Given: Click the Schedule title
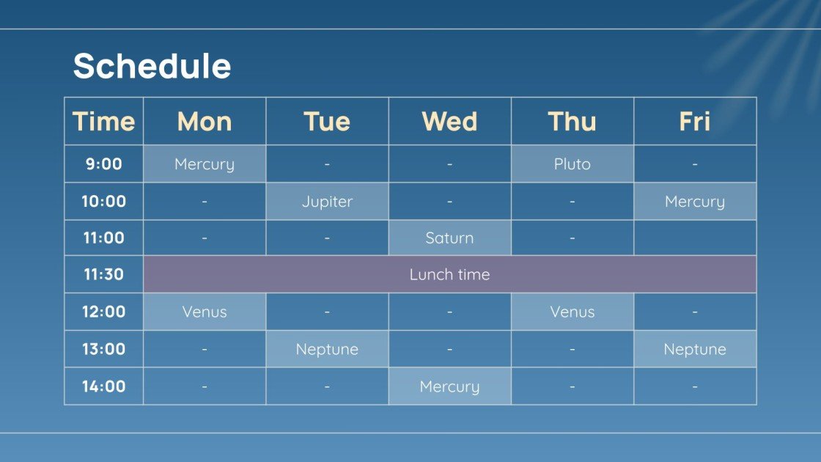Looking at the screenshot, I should click(x=152, y=66).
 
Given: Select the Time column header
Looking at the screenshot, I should click(x=103, y=121).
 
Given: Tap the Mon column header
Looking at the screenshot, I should click(x=205, y=121).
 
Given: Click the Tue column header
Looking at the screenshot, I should click(x=327, y=121).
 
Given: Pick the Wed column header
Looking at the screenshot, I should click(x=449, y=121).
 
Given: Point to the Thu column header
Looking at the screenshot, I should click(x=572, y=121).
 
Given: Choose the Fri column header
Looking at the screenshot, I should click(x=694, y=121).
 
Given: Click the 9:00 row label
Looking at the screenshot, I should click(x=103, y=164).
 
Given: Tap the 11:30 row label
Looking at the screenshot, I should click(x=103, y=274).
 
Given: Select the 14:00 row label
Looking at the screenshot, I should click(x=103, y=386).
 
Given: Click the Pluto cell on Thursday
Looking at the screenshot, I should click(x=572, y=164).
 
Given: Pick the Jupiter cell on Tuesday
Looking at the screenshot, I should click(x=327, y=201).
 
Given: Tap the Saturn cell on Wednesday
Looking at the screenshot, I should click(x=449, y=238).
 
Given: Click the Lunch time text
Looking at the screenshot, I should click(x=449, y=274).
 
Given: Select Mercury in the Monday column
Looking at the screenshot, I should click(x=205, y=164).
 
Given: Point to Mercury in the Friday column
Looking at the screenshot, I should click(x=694, y=201).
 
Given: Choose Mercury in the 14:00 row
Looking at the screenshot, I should click(x=449, y=386).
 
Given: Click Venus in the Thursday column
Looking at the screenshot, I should click(x=572, y=312).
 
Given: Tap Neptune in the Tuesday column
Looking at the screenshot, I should click(x=327, y=349).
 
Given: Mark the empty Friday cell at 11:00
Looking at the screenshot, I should click(x=694, y=238).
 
